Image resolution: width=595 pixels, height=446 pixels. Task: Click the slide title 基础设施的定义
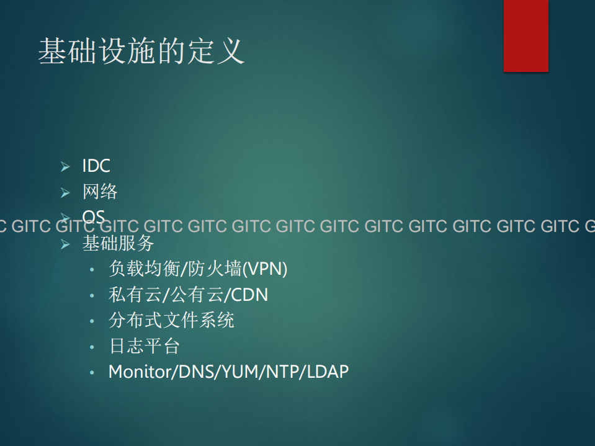tap(141, 51)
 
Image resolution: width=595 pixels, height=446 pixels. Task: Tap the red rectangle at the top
tap(526, 35)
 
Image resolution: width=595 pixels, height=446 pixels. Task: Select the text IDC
tap(96, 166)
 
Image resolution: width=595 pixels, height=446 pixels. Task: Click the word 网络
tap(100, 192)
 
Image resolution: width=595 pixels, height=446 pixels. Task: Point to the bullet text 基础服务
tap(118, 243)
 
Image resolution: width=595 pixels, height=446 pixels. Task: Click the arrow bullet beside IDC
tap(65, 166)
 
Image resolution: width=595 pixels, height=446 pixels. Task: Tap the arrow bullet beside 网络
tap(65, 192)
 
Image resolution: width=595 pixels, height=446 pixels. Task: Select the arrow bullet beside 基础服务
tap(65, 244)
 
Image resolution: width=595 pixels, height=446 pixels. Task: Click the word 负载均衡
tap(143, 269)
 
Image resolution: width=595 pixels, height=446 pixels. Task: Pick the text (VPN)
tap(264, 269)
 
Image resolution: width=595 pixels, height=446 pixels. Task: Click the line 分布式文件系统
tap(171, 320)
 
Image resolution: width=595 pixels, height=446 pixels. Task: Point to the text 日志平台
tap(145, 346)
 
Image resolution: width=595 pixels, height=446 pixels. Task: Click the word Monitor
tap(140, 372)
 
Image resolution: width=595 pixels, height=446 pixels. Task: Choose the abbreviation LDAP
tap(328, 372)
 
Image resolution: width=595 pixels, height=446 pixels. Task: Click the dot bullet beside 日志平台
tap(92, 347)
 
